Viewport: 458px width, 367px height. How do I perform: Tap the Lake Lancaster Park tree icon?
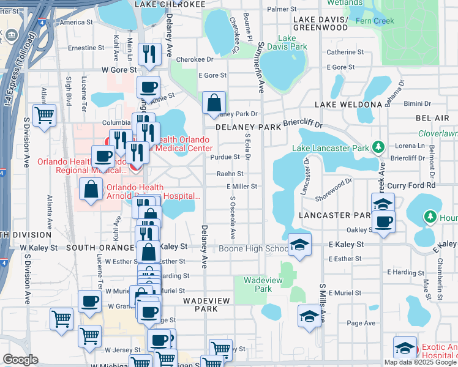(378, 147)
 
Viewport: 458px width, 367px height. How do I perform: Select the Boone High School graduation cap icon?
(299, 246)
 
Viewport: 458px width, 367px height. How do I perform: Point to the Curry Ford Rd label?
(415, 185)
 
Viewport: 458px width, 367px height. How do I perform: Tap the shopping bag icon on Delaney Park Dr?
(214, 103)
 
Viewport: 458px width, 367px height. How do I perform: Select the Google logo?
(20, 360)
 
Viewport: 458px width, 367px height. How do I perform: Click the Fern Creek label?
(408, 20)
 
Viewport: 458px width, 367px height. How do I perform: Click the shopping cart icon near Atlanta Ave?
(45, 114)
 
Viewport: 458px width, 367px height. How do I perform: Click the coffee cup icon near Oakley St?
(384, 221)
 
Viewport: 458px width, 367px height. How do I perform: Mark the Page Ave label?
(361, 323)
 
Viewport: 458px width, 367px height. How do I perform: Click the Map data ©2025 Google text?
(420, 361)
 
